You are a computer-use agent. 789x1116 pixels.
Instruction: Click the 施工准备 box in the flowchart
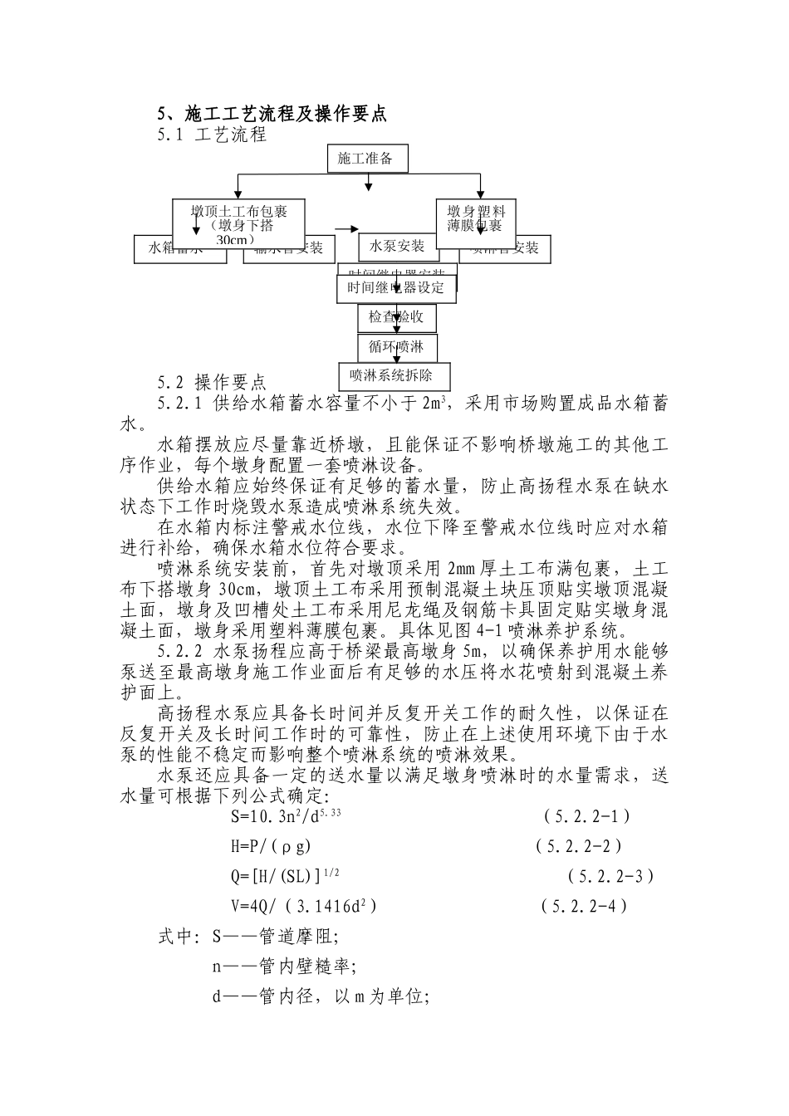(366, 159)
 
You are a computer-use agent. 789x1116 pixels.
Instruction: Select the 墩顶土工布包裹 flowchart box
(238, 223)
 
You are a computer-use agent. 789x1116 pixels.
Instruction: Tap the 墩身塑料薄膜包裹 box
(476, 218)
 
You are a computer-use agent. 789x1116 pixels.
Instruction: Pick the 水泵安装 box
(397, 246)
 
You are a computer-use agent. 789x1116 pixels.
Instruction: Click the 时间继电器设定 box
(396, 288)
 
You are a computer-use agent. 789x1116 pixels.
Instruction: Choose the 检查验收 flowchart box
(396, 316)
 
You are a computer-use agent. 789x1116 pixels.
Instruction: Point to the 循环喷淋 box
(396, 347)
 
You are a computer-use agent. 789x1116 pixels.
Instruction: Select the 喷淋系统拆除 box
(396, 375)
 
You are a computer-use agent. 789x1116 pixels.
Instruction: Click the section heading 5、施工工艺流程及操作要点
(272, 115)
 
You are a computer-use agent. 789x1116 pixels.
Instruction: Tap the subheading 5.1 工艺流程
(212, 135)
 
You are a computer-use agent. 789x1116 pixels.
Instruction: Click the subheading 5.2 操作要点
(212, 383)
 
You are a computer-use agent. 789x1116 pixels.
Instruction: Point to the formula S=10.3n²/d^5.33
(287, 816)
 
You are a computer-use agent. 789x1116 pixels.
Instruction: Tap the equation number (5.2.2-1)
(587, 816)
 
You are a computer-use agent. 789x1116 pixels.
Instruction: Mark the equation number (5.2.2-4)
(584, 905)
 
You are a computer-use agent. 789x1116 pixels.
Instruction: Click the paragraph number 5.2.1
(180, 404)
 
